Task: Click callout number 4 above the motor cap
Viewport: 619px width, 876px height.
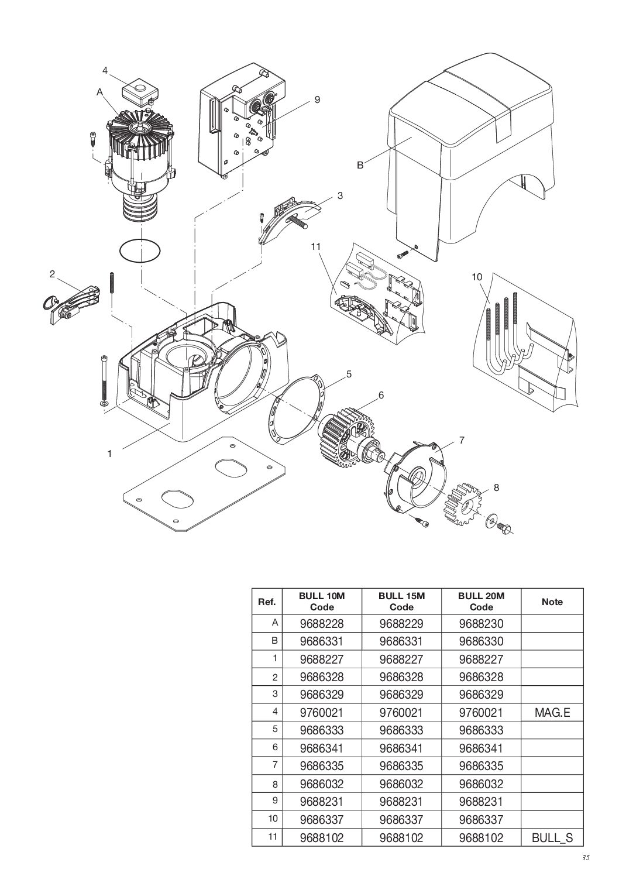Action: pos(105,71)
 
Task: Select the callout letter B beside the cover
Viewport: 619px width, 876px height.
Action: pos(360,166)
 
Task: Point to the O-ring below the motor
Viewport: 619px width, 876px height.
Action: pos(140,252)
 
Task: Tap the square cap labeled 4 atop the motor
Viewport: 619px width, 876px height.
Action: pos(140,91)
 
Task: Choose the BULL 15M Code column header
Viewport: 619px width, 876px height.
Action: pos(401,601)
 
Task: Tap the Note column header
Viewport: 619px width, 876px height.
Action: pos(552,602)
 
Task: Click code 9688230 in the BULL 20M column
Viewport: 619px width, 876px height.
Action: pos(481,624)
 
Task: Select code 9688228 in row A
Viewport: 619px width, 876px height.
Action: pos(321,624)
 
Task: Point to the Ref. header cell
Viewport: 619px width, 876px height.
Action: pos(267,602)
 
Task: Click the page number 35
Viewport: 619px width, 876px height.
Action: pos(586,858)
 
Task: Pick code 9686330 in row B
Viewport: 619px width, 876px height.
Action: pos(481,641)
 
